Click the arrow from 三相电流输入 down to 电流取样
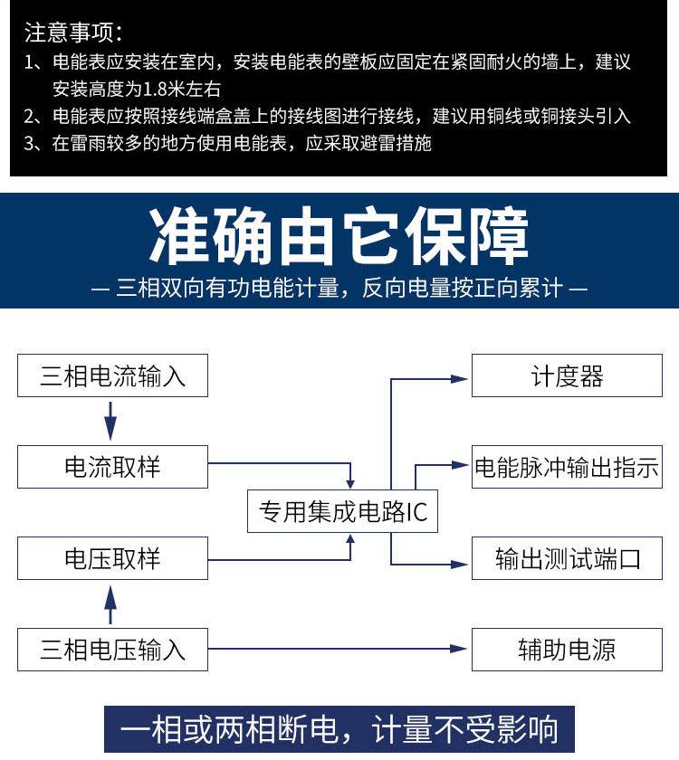coord(110,421)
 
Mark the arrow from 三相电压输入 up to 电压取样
coord(110,604)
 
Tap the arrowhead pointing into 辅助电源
coord(458,649)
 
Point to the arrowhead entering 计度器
coord(459,379)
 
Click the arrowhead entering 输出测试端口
coord(459,565)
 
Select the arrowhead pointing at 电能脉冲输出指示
coord(459,465)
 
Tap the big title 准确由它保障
coord(339,235)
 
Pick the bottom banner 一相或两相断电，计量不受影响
coord(339,729)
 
